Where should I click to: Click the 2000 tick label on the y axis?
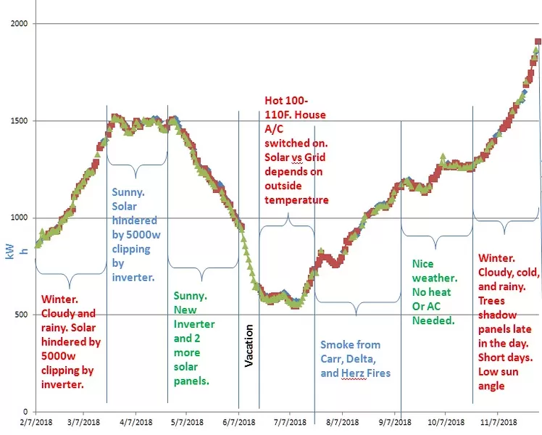[20, 24]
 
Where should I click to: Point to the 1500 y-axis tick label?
[20, 121]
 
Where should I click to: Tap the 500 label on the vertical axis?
[22, 315]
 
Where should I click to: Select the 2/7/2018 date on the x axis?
[36, 421]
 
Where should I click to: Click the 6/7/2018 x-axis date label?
[238, 421]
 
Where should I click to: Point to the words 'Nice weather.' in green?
[435, 271]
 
